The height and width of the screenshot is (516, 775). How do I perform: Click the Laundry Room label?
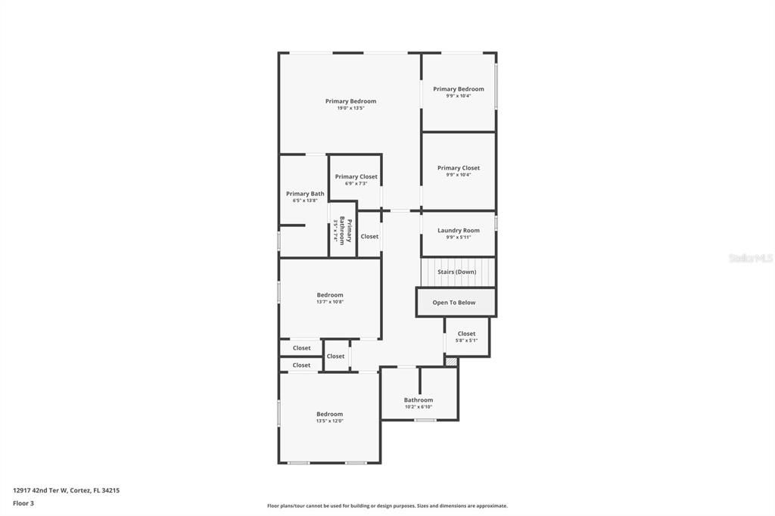[459, 231]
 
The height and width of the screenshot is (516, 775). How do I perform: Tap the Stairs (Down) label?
[457, 272]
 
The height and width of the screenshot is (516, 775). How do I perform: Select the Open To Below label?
[454, 303]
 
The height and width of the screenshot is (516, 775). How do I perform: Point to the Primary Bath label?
[305, 194]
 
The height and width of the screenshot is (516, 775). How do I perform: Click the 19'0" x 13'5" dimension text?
[350, 108]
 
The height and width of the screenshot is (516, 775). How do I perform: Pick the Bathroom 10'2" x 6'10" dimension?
[418, 407]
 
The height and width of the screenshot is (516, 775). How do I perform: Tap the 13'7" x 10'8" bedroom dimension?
[330, 302]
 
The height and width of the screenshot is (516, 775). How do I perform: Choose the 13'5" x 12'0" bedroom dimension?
[330, 421]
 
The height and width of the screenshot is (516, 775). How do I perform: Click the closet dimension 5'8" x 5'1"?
[466, 340]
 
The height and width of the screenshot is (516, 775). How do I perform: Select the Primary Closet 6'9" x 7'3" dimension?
[356, 183]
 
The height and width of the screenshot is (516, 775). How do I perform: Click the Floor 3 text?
[23, 503]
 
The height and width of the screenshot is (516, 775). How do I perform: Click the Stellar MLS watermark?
[751, 258]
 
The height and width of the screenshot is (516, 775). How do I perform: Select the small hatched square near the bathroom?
[451, 362]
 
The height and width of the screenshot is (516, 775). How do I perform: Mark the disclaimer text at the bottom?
[387, 506]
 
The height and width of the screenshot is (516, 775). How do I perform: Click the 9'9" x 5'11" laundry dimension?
[459, 238]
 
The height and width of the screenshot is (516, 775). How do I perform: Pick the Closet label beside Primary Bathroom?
[369, 237]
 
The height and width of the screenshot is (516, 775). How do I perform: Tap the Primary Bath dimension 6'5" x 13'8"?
[305, 200]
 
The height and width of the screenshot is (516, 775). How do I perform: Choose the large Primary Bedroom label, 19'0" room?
[350, 101]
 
